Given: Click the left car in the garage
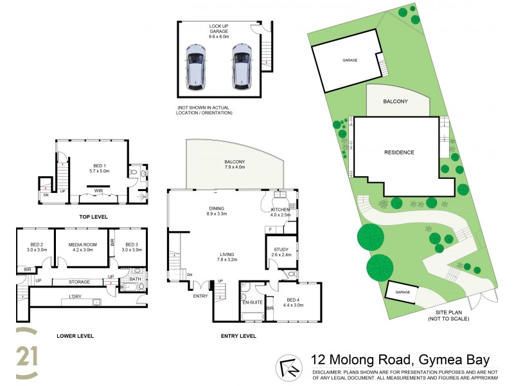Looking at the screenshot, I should point(195,66).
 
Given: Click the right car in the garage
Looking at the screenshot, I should point(242,66).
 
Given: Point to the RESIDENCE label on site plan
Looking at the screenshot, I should point(399,152).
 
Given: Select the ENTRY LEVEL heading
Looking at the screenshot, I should point(238,336).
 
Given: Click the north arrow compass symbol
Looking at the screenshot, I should point(288,367).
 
